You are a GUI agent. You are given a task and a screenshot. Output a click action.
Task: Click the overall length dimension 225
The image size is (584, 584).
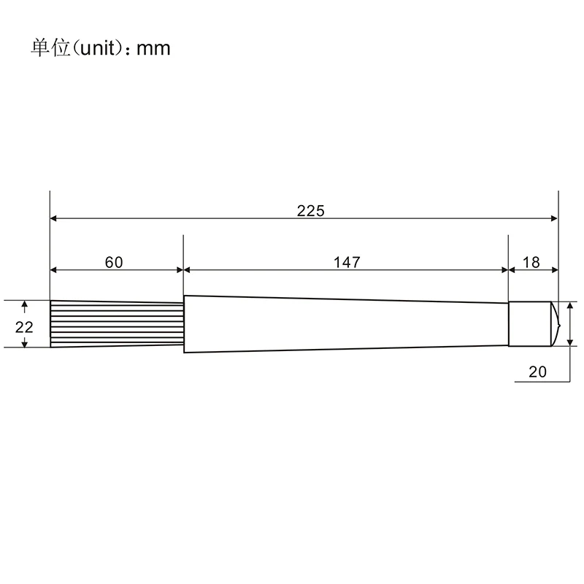(x=311, y=211)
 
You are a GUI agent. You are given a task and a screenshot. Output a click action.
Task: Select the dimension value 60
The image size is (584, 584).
(x=114, y=262)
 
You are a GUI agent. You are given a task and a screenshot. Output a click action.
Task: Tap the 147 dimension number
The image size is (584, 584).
(x=347, y=262)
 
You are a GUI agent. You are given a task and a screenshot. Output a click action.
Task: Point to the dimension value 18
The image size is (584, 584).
(x=531, y=262)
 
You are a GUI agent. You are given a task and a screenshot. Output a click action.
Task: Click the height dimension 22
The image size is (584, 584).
(x=24, y=327)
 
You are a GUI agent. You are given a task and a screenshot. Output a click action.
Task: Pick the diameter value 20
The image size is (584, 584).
(x=537, y=372)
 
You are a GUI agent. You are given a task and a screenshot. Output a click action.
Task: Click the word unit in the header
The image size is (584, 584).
(x=98, y=48)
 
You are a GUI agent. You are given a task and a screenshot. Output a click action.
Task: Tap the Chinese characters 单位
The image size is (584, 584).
(x=50, y=48)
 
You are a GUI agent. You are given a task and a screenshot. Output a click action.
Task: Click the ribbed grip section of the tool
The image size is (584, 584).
(x=117, y=323)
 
